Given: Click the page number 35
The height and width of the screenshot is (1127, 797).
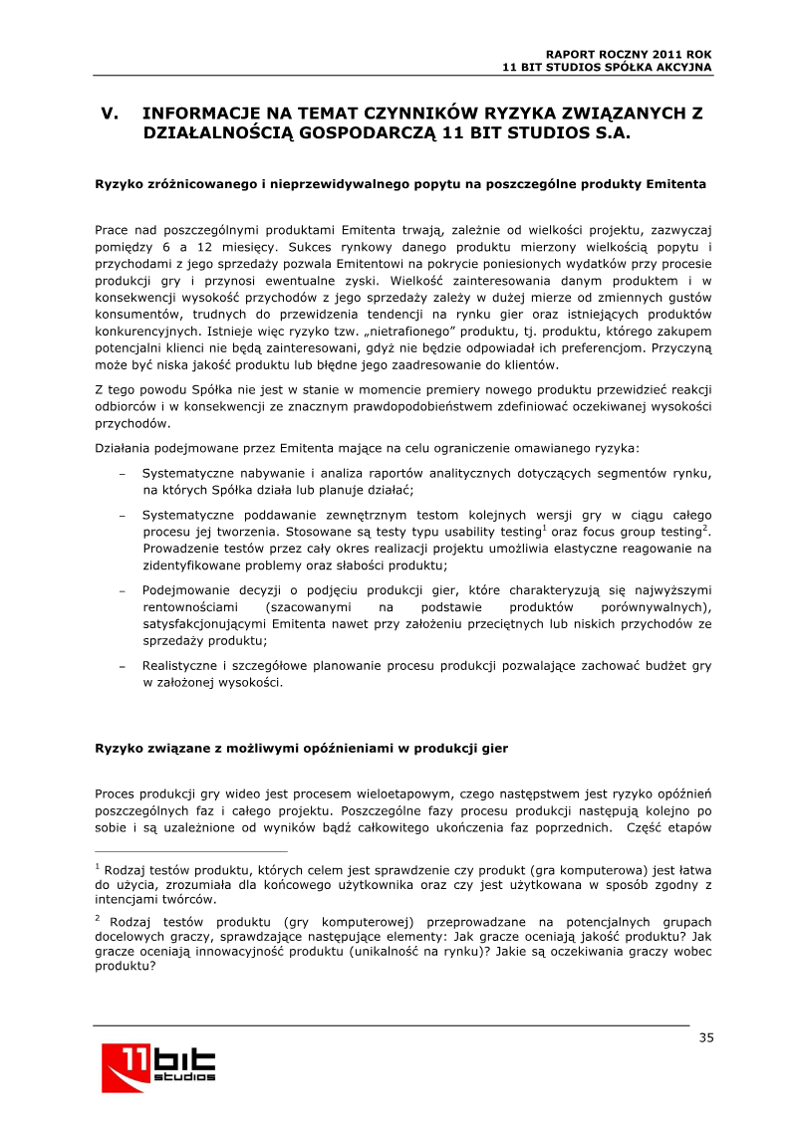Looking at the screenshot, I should click(705, 1038).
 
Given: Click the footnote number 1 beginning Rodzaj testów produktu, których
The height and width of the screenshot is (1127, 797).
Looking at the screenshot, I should click(98, 865).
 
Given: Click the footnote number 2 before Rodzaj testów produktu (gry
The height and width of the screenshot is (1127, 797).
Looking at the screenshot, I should click(98, 918).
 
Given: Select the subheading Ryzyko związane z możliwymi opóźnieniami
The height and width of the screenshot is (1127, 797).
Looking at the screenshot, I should click(301, 748).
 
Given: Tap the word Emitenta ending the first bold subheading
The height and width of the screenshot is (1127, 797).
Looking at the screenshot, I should click(676, 184).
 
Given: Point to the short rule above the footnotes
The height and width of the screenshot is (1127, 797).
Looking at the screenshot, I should click(190, 851).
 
